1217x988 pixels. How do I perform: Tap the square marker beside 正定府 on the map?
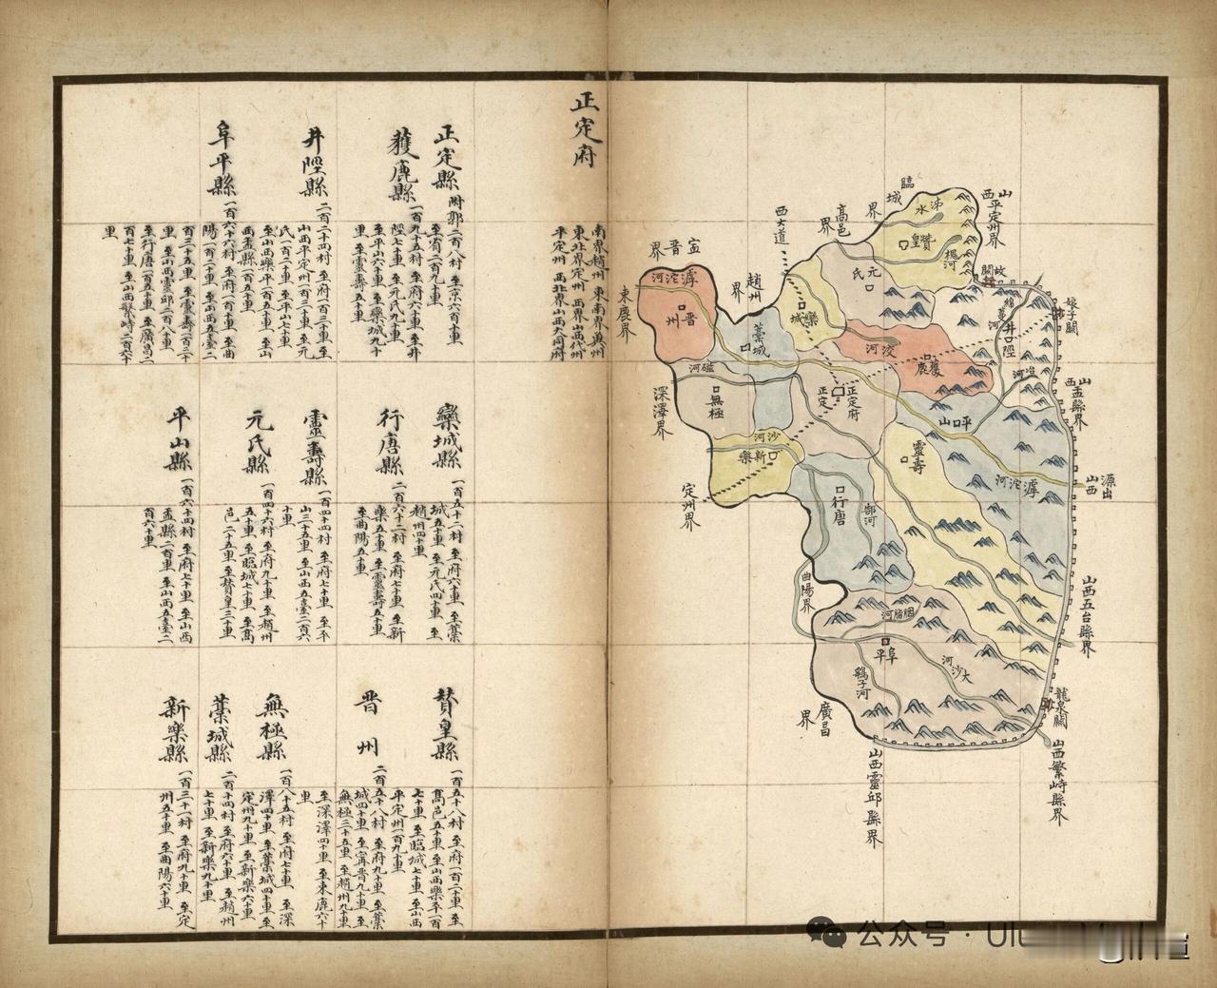click(838, 391)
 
